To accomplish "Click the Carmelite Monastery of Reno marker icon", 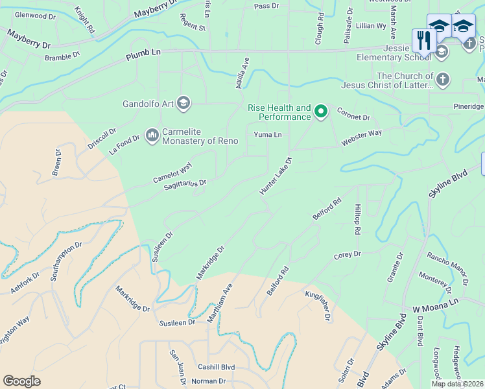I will click(152, 135).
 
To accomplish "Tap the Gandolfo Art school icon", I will click(183, 103).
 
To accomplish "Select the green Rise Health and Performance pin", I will click(320, 112).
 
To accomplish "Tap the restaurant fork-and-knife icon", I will click(423, 40).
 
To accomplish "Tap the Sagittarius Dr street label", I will click(185, 184).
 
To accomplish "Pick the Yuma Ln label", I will click(268, 135).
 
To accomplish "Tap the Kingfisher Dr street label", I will click(318, 305).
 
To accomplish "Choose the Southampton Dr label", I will click(67, 258).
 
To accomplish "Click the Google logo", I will click(21, 381).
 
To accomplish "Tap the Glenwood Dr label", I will click(35, 14).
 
